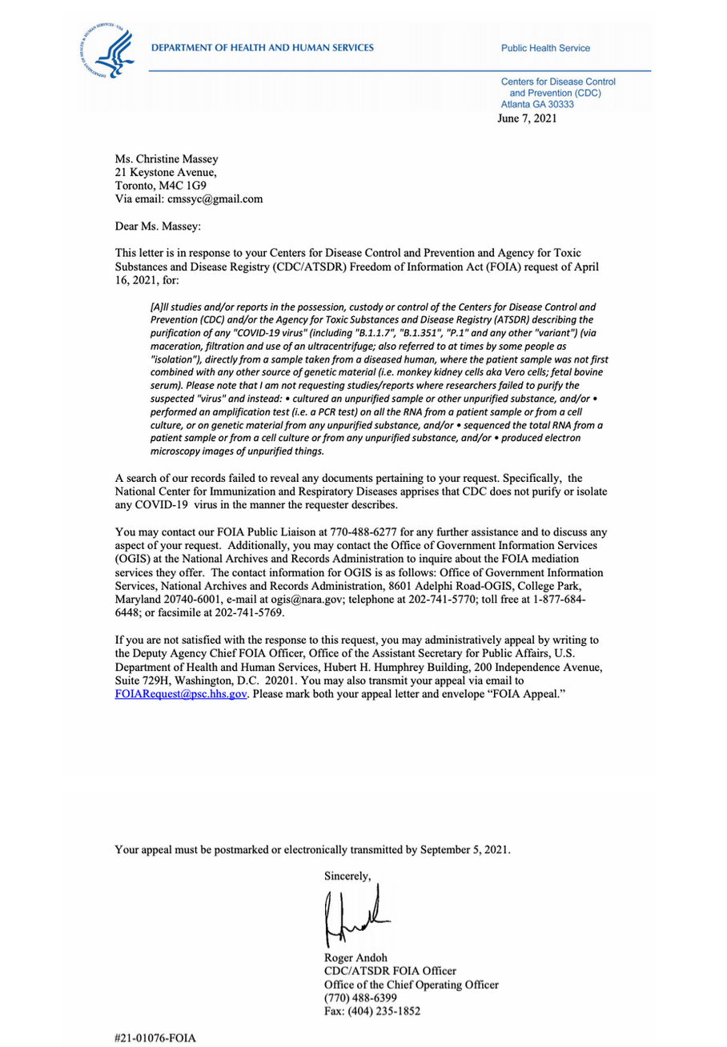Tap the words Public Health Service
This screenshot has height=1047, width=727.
point(545,48)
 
